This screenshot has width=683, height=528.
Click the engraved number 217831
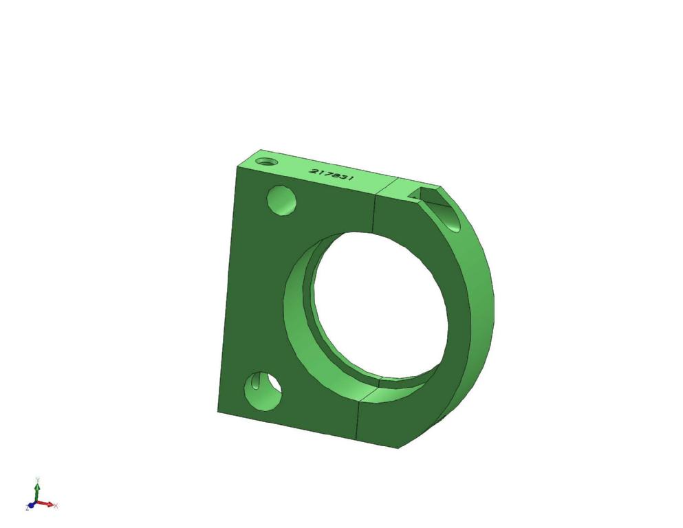(x=332, y=175)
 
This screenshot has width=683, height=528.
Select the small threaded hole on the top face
(x=266, y=162)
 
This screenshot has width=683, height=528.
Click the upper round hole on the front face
(x=281, y=201)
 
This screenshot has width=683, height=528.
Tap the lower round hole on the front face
(x=263, y=391)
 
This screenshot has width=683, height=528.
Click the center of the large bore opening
(x=380, y=306)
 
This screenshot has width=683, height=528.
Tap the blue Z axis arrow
(x=32, y=505)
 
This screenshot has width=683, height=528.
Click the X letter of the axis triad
(x=56, y=506)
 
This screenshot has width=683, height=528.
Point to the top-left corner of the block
(x=237, y=166)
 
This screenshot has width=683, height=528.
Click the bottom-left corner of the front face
(x=218, y=412)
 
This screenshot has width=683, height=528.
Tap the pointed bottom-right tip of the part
(x=399, y=448)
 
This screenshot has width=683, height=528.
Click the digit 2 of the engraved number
(x=314, y=171)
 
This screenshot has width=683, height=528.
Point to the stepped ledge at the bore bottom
(x=406, y=382)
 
